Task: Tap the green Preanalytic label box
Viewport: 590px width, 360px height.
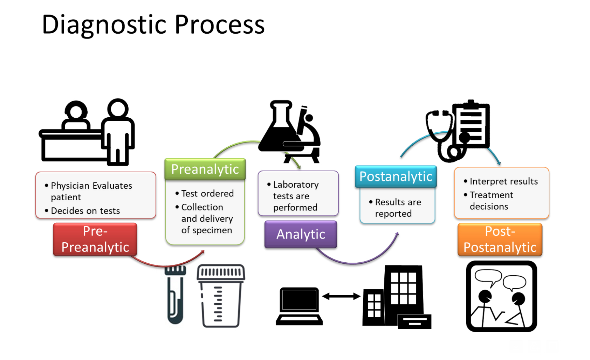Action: [205, 169]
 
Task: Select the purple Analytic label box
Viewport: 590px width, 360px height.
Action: [301, 234]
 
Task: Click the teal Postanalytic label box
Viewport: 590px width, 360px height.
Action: [396, 176]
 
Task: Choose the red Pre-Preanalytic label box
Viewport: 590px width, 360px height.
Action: [95, 240]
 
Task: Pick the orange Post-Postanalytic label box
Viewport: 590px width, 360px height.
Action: [500, 240]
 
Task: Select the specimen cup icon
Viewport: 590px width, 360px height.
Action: [221, 296]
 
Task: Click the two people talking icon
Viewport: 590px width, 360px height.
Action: [501, 296]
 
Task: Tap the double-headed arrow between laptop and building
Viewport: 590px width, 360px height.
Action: [341, 297]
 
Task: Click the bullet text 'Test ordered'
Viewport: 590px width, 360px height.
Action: [207, 194]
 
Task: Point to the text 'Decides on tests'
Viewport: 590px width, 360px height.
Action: [85, 211]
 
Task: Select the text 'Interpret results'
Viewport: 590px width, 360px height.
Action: [503, 181]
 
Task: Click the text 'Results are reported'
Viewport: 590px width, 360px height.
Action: [397, 208]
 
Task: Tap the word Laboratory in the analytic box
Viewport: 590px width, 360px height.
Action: [296, 185]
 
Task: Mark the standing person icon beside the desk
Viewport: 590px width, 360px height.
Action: [118, 131]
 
